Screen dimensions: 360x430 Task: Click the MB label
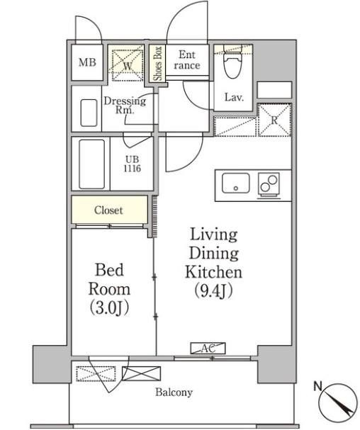point(87,62)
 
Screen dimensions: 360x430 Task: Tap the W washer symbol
point(126,63)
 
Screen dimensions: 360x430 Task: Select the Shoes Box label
point(157,64)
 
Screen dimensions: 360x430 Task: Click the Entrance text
point(187,60)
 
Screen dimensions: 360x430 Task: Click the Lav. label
point(234,97)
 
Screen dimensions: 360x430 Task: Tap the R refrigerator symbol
point(274,120)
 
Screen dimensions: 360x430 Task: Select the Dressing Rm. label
point(125,106)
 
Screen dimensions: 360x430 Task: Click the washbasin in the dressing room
point(89,113)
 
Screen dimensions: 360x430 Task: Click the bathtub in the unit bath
point(91,164)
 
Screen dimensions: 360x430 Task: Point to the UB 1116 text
point(132,164)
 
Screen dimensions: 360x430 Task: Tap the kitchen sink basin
point(236,183)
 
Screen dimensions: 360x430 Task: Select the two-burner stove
point(269,186)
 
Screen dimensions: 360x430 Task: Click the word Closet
point(108,210)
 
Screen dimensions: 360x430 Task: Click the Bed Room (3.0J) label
point(109,289)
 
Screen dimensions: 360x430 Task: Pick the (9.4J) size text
point(213,290)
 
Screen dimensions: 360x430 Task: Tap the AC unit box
point(208,349)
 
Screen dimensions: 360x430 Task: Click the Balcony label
point(174,392)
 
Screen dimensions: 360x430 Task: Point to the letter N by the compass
point(317,386)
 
